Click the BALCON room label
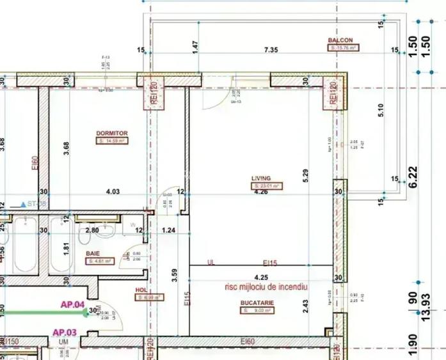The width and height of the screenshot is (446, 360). (x=340, y=40)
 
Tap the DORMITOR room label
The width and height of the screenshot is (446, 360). (x=112, y=134)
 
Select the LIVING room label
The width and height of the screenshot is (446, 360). (x=261, y=178)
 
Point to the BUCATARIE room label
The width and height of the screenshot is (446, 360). (x=257, y=302)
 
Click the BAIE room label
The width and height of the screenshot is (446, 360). (x=93, y=253)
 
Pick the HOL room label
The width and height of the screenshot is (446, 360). (x=141, y=290)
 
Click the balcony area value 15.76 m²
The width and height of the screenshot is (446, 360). (x=344, y=47)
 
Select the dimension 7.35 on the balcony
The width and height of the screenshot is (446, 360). (x=271, y=50)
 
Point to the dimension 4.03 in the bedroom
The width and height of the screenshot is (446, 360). (x=113, y=191)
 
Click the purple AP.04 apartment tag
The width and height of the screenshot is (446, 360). (x=73, y=305)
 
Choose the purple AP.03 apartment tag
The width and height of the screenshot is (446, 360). (x=64, y=332)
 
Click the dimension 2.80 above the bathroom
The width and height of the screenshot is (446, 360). (x=92, y=230)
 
